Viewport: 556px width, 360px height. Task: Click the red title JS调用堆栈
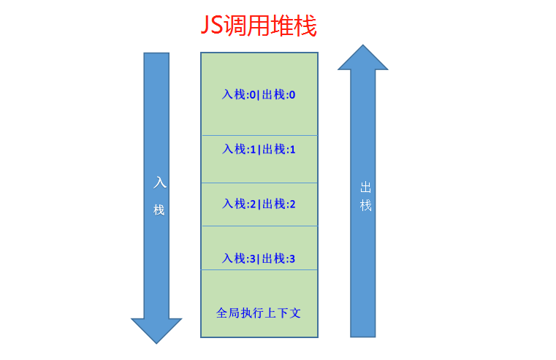coord(259,27)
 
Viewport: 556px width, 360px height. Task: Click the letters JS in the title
coord(212,27)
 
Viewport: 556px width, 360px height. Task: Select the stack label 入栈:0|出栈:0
coord(259,95)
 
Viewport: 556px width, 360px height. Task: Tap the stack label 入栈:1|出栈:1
coord(259,149)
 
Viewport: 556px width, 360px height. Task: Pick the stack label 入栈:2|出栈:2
coord(259,204)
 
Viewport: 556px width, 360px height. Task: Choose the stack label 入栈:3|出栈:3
coord(259,258)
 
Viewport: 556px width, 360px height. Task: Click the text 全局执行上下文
coord(259,313)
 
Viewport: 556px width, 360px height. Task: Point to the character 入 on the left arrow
coord(159,183)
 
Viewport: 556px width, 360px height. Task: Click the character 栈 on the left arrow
coord(159,210)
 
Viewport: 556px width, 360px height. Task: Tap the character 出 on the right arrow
coord(365,187)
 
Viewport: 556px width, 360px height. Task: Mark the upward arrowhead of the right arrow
coord(362,58)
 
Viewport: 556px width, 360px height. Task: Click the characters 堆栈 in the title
coord(295,27)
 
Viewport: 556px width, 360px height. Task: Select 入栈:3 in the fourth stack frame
coord(239,258)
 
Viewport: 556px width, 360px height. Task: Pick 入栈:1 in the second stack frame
coord(239,149)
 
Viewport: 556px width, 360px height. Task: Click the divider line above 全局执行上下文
coord(259,269)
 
